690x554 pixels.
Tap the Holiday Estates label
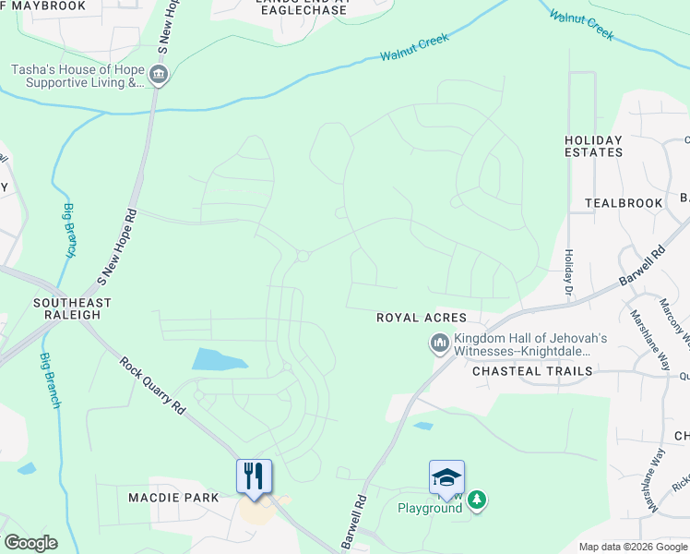pyautogui.click(x=593, y=146)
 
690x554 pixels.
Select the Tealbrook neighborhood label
pyautogui.click(x=624, y=203)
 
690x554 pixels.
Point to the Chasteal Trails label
pyautogui.click(x=531, y=371)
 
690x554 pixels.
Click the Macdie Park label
pyautogui.click(x=173, y=498)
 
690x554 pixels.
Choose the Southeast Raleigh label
pyautogui.click(x=72, y=308)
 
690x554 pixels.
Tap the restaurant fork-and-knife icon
pyautogui.click(x=254, y=476)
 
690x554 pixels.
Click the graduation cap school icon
pyautogui.click(x=446, y=477)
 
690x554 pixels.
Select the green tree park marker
pyautogui.click(x=476, y=500)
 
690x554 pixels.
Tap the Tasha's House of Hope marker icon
pyautogui.click(x=158, y=75)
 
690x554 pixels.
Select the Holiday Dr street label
pyautogui.click(x=569, y=273)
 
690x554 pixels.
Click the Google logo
pyautogui.click(x=30, y=543)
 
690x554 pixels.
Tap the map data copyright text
pyautogui.click(x=632, y=547)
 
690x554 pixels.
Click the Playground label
pyautogui.click(x=430, y=508)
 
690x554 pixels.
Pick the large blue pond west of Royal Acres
pyautogui.click(x=220, y=359)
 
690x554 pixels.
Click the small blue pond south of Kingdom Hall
pyautogui.click(x=423, y=427)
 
